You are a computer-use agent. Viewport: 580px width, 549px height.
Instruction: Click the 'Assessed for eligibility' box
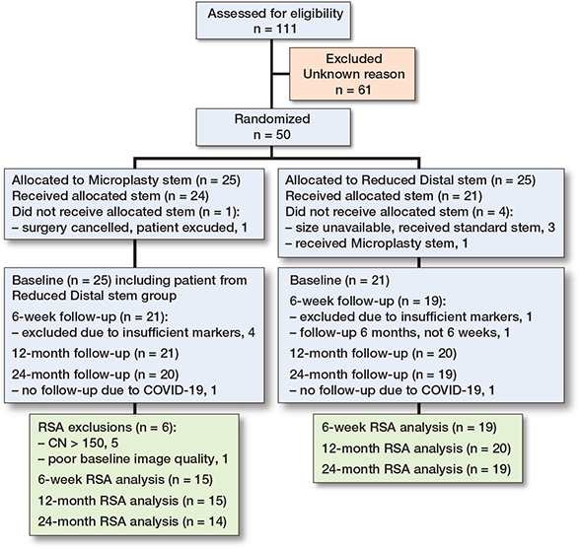pos(273,21)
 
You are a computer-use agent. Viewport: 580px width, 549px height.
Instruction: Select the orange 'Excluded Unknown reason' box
pos(352,74)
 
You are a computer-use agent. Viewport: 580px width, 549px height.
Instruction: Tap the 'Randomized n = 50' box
pos(273,127)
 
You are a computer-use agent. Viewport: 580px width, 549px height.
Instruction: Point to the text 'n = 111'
pos(275,29)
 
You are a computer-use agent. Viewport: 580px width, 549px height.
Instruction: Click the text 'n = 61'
pos(353,90)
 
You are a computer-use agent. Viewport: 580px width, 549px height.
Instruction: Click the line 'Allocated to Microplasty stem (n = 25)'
pos(126,180)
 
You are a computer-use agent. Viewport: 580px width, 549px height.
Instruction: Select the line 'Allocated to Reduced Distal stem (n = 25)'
pos(410,180)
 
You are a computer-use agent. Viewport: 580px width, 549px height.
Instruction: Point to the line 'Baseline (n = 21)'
pos(339,280)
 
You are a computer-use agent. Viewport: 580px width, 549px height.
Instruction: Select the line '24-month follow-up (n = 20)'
pos(95,375)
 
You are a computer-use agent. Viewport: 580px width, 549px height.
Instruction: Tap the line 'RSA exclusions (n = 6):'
pos(108,428)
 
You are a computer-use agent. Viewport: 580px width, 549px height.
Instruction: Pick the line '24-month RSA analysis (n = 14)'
pos(132,521)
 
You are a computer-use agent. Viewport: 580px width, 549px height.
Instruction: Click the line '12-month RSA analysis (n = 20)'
pos(416,448)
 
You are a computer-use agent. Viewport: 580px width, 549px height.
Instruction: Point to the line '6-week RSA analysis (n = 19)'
pos(409,428)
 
